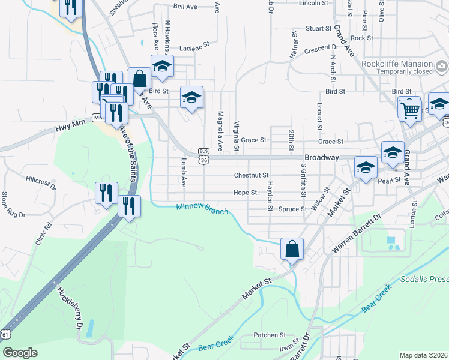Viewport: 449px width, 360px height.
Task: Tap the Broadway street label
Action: pos(322,157)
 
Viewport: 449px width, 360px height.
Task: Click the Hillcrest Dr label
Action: pos(40,182)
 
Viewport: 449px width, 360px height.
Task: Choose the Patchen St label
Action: pos(269,335)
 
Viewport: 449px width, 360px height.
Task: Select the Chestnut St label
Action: pos(251,175)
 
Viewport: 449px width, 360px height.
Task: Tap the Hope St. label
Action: pos(246,193)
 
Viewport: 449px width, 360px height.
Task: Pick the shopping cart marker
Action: pos(410,110)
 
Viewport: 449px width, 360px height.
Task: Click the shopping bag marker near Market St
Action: pos(292,249)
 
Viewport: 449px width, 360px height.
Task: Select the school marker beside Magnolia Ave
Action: pos(191,98)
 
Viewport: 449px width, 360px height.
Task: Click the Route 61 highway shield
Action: pos(6,334)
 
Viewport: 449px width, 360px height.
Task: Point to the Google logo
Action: pos(20,353)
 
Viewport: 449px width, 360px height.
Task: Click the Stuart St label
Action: pos(318,28)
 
